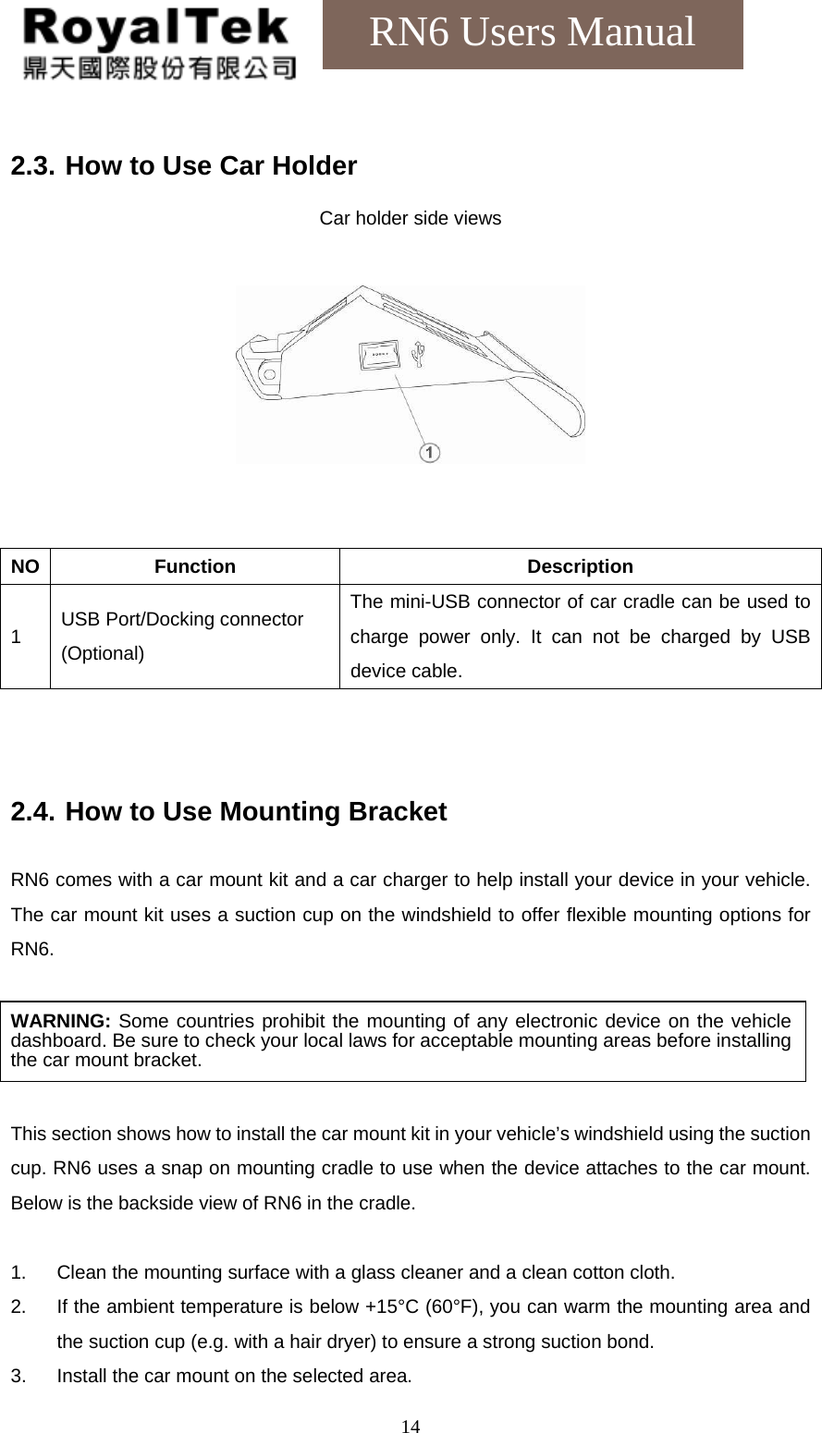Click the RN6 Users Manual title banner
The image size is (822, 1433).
(532, 33)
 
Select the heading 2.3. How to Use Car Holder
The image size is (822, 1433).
(183, 166)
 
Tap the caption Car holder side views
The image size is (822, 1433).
(410, 219)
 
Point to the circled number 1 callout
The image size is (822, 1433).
(429, 452)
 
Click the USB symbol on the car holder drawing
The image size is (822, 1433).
(419, 354)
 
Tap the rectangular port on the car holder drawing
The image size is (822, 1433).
(377, 354)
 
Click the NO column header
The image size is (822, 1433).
(26, 566)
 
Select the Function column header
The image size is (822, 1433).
(194, 566)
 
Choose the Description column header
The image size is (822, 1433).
(580, 566)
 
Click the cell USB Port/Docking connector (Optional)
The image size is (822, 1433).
(182, 636)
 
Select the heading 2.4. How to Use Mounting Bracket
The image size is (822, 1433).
(228, 812)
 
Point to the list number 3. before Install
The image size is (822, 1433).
(18, 1376)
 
